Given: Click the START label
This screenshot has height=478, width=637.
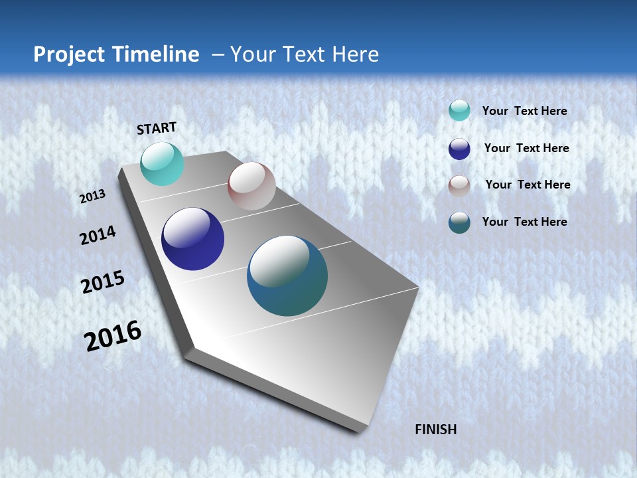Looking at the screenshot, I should tap(157, 127).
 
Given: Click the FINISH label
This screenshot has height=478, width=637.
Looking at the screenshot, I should tap(435, 430).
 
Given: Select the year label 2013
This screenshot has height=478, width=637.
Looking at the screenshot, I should tap(92, 197).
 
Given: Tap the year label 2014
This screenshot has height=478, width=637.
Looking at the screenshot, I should tap(98, 235).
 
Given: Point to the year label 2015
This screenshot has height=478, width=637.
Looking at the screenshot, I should tap(102, 282).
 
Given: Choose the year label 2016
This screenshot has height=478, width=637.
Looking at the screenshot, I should tap(113, 336).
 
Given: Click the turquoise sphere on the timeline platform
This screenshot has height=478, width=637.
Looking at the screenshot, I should tap(162, 163).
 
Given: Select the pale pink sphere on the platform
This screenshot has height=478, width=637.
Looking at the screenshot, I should tap(251, 186).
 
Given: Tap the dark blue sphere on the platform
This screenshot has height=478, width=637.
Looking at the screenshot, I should tap(192, 239).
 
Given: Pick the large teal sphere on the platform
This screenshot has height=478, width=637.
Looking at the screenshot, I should tap(287, 276).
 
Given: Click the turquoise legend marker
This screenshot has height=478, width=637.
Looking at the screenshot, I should tap(459, 110).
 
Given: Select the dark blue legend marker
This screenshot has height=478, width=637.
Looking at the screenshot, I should tap(459, 148).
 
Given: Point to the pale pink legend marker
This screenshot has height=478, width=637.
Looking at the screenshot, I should tap(459, 185).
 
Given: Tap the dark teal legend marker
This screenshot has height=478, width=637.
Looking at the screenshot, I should tap(459, 222).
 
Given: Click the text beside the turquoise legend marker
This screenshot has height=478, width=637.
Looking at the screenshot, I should tap(524, 111).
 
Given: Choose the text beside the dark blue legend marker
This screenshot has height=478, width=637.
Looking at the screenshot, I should tap(526, 148).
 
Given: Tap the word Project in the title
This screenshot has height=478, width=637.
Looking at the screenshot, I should tap(68, 54).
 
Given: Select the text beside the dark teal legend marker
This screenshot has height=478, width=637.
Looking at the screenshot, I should tap(524, 222).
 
